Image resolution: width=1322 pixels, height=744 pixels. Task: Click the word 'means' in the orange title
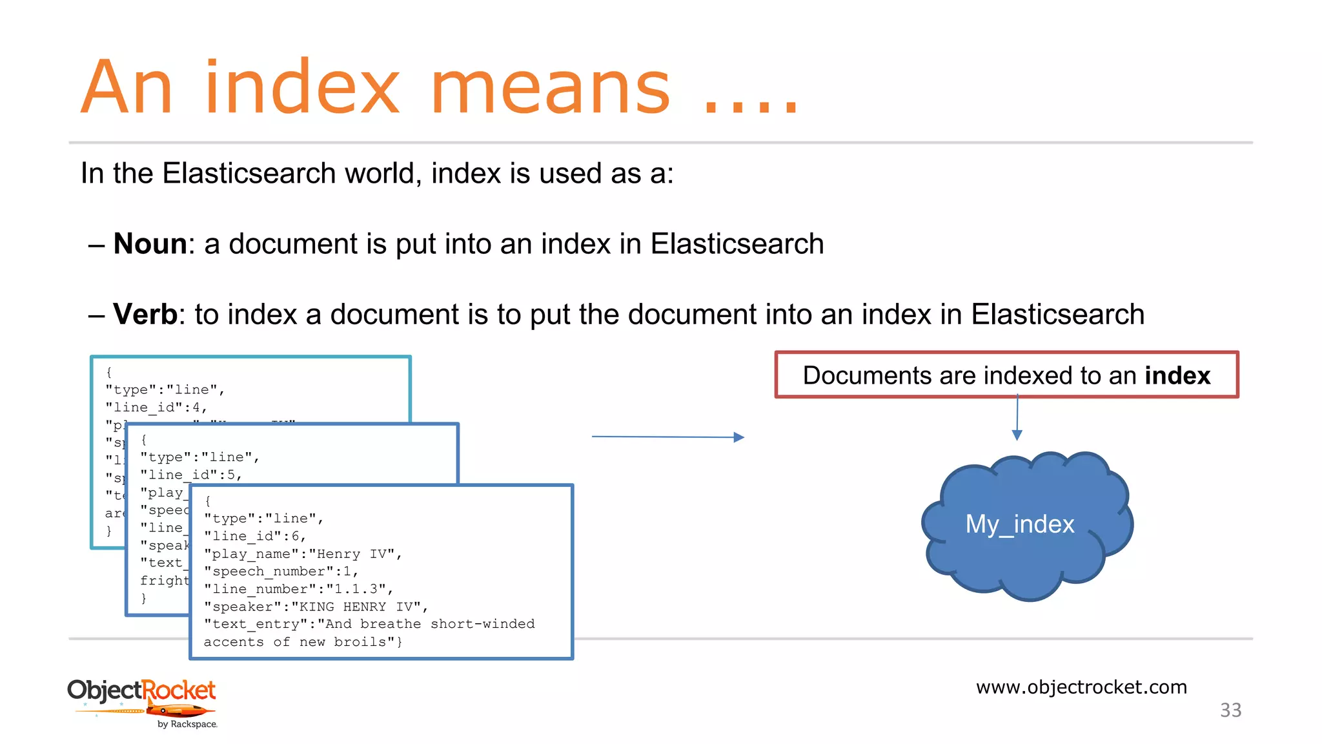(550, 88)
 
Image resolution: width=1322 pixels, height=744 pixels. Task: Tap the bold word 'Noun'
(150, 244)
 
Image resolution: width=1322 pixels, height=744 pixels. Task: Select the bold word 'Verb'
(145, 315)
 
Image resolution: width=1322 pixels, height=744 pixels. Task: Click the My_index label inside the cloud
(1019, 524)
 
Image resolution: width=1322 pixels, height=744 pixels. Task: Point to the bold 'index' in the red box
(1177, 376)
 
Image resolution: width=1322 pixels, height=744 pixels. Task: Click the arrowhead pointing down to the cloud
(1017, 435)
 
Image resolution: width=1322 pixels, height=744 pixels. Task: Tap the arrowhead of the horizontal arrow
(739, 437)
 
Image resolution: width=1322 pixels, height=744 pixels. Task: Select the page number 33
(1230, 710)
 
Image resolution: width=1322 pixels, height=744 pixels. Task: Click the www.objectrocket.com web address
(1081, 687)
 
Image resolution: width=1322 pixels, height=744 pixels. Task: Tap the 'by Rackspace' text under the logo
(187, 725)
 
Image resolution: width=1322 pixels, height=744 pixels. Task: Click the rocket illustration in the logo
(179, 711)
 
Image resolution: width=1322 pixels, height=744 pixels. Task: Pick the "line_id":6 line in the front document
(255, 536)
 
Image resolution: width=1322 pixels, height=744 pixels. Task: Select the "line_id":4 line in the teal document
(156, 408)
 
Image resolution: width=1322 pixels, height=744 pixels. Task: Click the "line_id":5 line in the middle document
(191, 475)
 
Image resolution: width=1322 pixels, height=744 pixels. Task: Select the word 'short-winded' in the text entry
(482, 624)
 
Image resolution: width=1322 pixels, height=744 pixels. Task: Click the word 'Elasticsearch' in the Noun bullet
(737, 244)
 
